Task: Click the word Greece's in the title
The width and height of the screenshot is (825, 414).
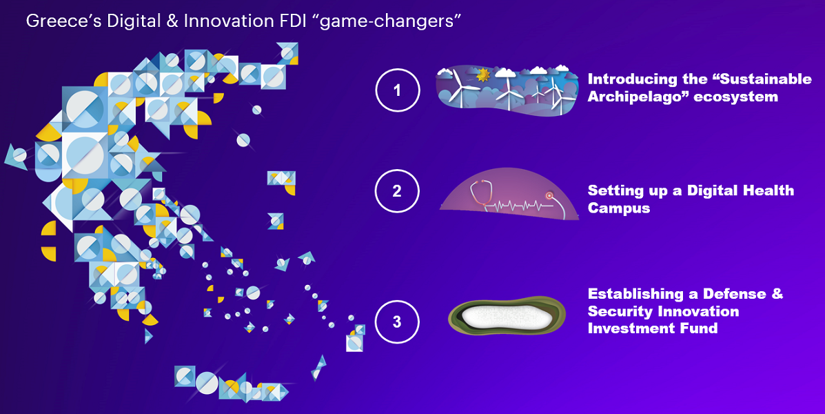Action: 63,21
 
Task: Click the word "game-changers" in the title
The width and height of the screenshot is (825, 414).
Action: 390,22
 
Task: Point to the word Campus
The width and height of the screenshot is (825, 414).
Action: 619,208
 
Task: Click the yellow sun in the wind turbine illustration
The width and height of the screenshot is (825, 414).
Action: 482,75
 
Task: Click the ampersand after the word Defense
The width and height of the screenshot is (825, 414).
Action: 777,293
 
